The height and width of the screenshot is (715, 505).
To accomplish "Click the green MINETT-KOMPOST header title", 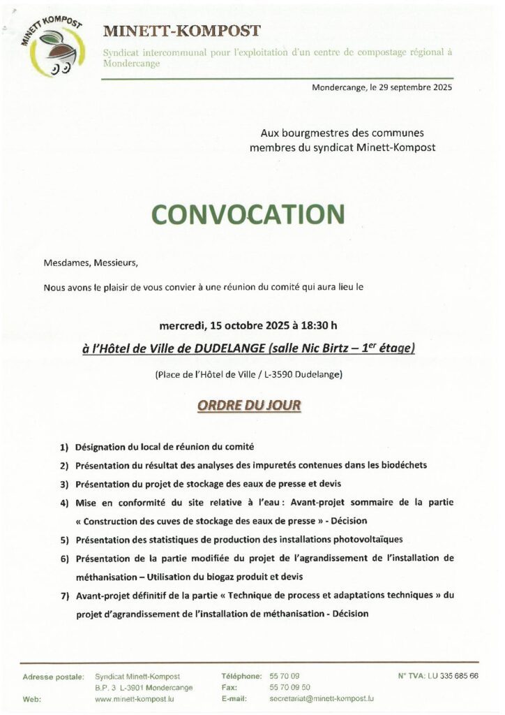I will point(181,31).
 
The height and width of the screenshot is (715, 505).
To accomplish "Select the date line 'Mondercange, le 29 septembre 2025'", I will point(383,88).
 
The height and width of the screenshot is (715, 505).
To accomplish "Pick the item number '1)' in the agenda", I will point(64,446).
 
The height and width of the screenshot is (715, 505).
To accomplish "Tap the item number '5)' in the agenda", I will point(64,540).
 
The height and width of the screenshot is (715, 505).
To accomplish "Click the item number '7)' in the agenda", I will point(64,596).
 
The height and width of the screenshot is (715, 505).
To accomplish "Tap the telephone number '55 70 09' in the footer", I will point(284,677).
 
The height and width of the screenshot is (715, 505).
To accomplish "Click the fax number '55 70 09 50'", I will point(289,687).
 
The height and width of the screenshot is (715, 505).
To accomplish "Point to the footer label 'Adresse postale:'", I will point(54,677).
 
